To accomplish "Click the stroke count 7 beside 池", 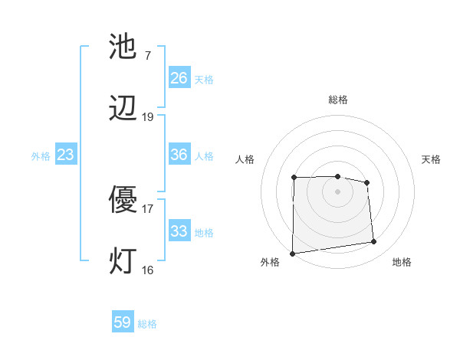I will coord(147,56).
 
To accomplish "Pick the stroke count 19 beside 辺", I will coord(147,116).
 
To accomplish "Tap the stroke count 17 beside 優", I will coord(147,208).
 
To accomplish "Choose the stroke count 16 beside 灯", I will coord(147,269).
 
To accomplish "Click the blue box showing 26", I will coord(179,78).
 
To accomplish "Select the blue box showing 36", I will coord(179,155).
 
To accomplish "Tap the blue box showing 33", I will coord(179,231).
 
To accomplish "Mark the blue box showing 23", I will coord(65,155).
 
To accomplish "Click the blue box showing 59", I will coord(123,322).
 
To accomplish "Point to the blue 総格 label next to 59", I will coord(147,324).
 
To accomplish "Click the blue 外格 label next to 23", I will coord(41,156).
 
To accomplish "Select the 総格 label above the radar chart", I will coord(337,100).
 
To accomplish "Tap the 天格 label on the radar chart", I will coord(431,159).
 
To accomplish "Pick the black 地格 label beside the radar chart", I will coord(402,262).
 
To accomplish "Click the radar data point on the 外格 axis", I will coord(292,254).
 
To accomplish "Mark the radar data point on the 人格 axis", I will coord(294,178).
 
